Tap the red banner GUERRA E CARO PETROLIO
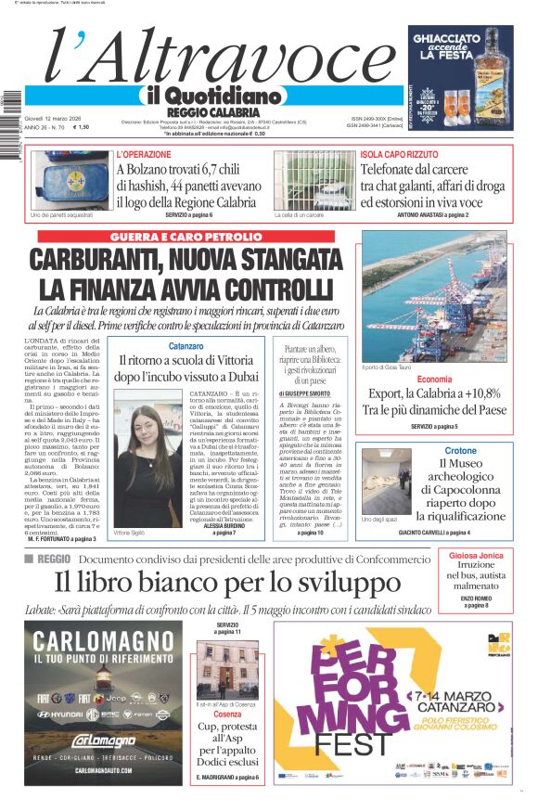coord(186,237)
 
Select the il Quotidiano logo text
coord(212,96)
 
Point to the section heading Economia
coord(434,380)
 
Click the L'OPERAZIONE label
coord(144,154)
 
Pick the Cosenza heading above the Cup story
coord(227,714)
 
